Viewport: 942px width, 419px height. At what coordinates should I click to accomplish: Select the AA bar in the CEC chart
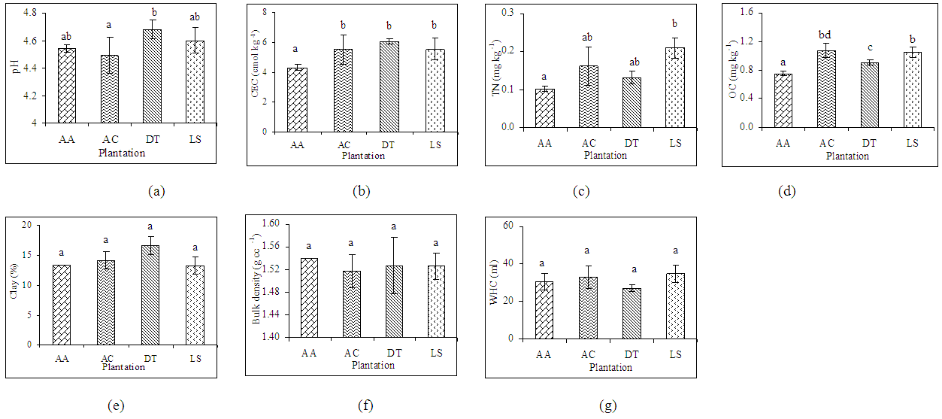click(x=297, y=100)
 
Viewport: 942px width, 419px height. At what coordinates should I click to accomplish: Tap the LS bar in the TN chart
click(x=674, y=87)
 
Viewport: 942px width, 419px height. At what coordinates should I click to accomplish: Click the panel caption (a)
click(x=156, y=191)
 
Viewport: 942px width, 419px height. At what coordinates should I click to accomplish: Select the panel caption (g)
click(x=607, y=406)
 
